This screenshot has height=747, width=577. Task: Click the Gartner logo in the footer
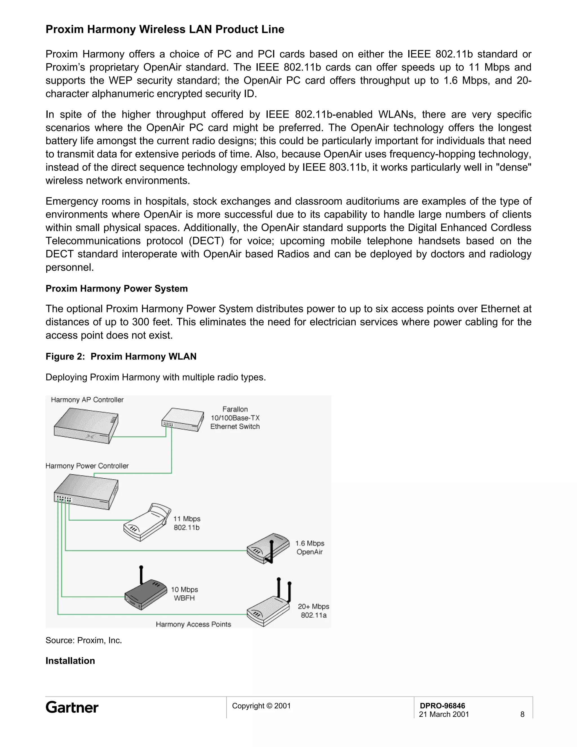72,707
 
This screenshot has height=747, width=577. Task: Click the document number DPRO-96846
442,705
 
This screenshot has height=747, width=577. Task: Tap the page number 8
522,714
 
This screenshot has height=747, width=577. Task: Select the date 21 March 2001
444,714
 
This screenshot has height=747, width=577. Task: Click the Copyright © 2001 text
261,706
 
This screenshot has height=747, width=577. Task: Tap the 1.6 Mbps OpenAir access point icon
268,549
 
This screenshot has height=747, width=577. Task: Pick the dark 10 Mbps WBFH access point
145,593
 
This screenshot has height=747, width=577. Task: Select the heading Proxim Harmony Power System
117,288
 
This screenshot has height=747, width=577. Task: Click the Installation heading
70,660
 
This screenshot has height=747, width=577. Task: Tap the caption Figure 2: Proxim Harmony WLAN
121,356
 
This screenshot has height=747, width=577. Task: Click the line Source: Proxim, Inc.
84,640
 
